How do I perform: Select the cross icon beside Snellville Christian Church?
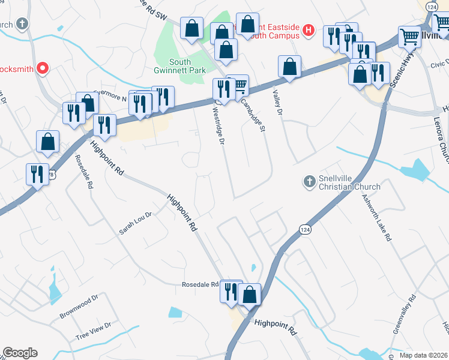pos(309,181)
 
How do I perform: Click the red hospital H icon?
pos(309,30)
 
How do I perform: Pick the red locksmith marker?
pos(42,68)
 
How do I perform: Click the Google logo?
pos(20,353)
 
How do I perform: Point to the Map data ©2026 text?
pos(424,355)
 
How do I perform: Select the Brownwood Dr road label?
pos(78,307)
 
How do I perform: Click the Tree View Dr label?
pos(94,331)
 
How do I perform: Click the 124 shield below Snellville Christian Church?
pos(304,229)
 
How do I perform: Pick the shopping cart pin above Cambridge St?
pos(238,86)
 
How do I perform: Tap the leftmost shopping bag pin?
pos(48,142)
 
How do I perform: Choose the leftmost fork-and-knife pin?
pos(38,174)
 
